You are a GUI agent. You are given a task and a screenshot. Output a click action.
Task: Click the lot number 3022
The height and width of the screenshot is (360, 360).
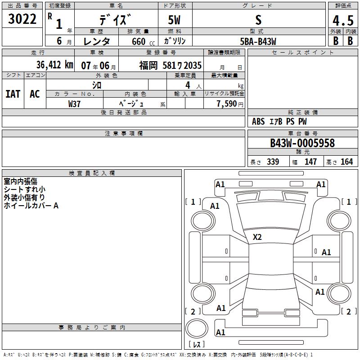pos(22,19)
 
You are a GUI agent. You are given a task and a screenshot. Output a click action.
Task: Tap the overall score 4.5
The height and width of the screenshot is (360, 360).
pos(343,20)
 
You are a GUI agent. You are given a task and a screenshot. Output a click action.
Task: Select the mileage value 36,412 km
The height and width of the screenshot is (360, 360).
pos(54,65)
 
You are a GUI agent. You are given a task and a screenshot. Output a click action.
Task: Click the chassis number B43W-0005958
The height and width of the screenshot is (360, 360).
pos(302,143)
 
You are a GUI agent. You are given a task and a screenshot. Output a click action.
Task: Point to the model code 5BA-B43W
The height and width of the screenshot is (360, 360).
pos(258,41)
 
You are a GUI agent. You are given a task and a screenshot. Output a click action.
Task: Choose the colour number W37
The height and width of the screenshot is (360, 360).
pos(74,104)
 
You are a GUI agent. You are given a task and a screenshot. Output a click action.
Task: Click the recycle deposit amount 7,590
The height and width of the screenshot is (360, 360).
pos(227,103)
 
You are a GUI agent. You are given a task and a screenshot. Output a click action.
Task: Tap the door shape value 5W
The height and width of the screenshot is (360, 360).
pos(174,20)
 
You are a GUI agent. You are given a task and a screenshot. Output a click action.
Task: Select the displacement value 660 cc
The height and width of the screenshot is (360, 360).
pos(143,41)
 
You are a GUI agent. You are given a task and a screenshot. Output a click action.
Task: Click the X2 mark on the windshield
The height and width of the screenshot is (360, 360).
pos(257,237)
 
